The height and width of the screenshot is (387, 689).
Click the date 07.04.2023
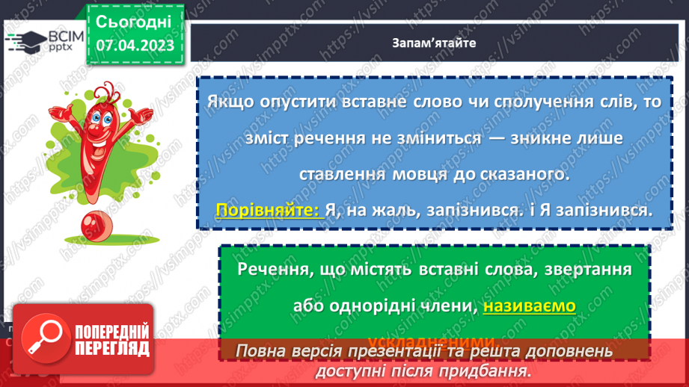[x=135, y=46]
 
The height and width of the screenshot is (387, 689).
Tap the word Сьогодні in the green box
[x=134, y=21]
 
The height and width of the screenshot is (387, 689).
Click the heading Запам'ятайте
[x=433, y=42]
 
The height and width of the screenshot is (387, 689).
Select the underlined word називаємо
[x=529, y=306]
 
